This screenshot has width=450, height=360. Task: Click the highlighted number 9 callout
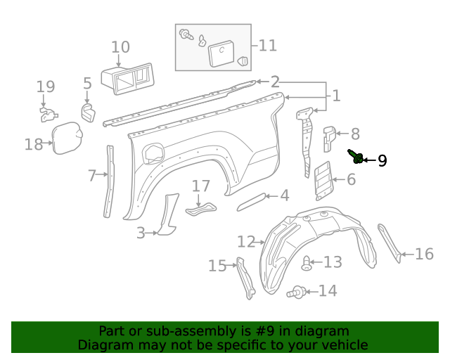point(382,161)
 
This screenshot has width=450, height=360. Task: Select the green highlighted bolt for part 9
point(356,157)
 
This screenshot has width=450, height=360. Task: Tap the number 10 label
point(120,47)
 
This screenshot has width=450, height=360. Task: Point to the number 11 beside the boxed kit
point(267,46)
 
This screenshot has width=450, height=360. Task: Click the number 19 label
point(46,87)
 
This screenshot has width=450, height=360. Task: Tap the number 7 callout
point(92,176)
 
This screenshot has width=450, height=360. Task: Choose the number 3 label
point(141,233)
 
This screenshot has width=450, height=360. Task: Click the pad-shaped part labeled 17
point(200,208)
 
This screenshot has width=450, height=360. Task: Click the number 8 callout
point(355,134)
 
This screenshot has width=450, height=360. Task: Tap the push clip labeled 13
point(306,264)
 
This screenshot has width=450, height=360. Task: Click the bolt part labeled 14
point(297,290)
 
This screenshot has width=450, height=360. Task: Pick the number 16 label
point(424,254)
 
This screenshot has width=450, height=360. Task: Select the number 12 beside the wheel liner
point(246,242)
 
